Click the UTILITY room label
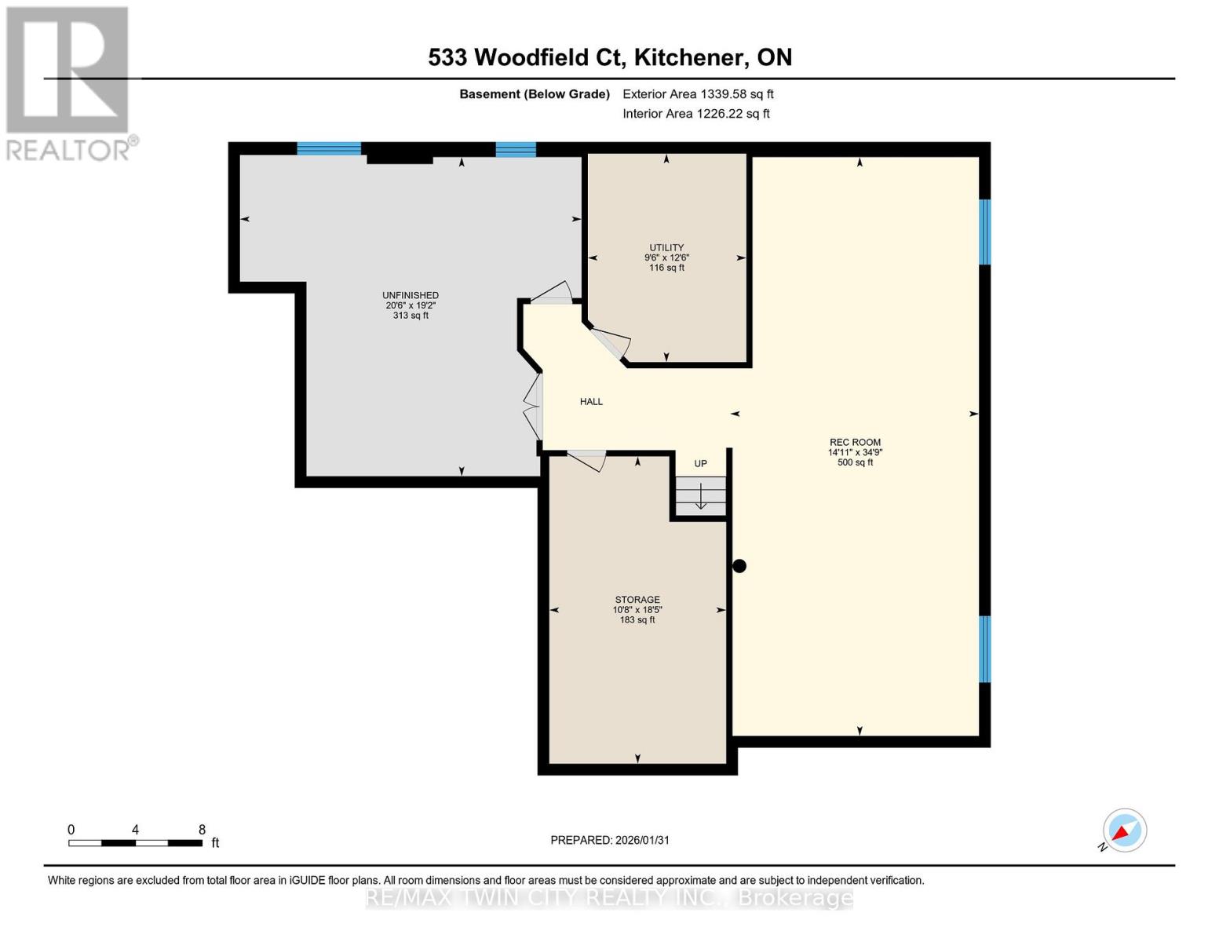click(666, 247)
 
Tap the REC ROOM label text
click(855, 442)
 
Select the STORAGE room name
click(637, 600)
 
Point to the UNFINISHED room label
click(411, 295)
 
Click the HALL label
click(591, 402)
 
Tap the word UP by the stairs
click(701, 463)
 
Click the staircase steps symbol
click(700, 495)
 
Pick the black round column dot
click(739, 566)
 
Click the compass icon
click(1124, 831)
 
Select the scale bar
click(135, 842)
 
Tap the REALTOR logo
click(68, 84)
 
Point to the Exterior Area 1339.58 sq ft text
click(698, 94)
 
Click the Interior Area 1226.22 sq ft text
click(696, 114)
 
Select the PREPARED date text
click(610, 841)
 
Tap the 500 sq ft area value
click(855, 462)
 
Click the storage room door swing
click(587, 460)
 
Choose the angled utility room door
click(611, 343)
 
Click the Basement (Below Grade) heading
click(535, 94)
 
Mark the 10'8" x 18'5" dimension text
click(637, 610)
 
